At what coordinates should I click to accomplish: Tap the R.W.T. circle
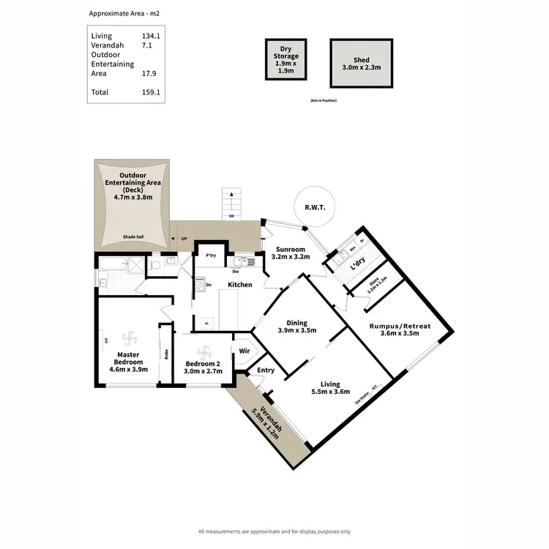[x=315, y=208]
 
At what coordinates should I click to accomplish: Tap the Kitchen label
[x=240, y=285]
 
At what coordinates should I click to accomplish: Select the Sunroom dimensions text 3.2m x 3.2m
[x=291, y=257]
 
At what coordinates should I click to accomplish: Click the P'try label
[x=211, y=255]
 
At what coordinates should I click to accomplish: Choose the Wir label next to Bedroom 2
[x=244, y=351]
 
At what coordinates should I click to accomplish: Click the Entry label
[x=266, y=370]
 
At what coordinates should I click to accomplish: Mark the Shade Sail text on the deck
[x=134, y=237]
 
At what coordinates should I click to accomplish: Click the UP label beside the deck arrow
[x=183, y=239]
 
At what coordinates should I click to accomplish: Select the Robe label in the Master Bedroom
[x=167, y=354]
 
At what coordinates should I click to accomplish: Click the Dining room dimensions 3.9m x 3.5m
[x=297, y=331]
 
